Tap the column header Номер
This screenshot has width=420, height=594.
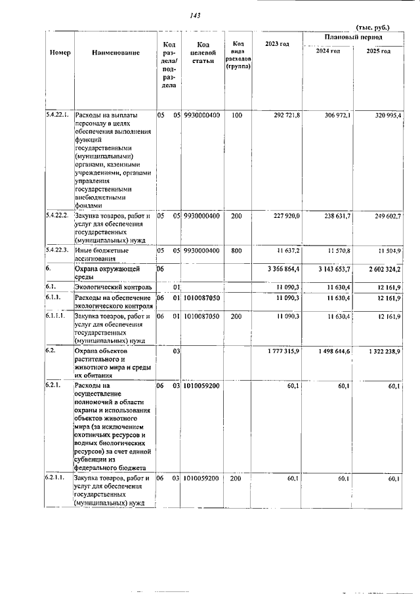(60, 52)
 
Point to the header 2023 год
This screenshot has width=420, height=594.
(276, 44)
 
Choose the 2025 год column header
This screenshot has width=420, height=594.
(378, 51)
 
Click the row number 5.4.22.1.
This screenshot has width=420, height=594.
(59, 116)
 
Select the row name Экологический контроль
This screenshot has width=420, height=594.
(114, 287)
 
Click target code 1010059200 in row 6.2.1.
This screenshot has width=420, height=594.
(201, 387)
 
